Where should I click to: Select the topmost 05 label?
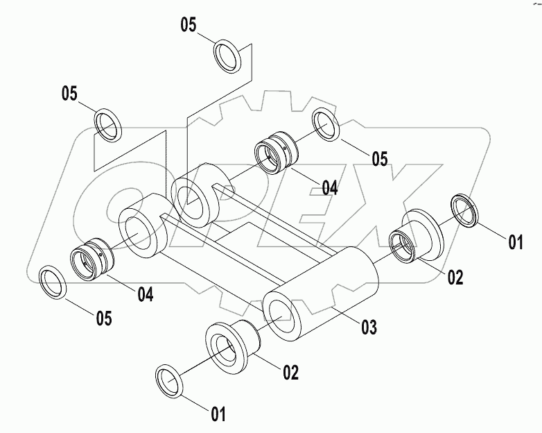tap(189, 25)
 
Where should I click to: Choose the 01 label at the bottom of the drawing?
tap(218, 416)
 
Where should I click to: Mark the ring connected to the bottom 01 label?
tap(170, 381)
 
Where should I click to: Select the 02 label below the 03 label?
tap(290, 373)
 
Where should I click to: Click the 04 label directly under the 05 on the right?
tap(329, 187)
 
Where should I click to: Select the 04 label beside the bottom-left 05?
tap(144, 294)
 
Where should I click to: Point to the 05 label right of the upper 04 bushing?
tap(378, 159)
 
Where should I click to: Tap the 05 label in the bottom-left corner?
tap(103, 318)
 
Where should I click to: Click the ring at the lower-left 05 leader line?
tap(53, 282)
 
